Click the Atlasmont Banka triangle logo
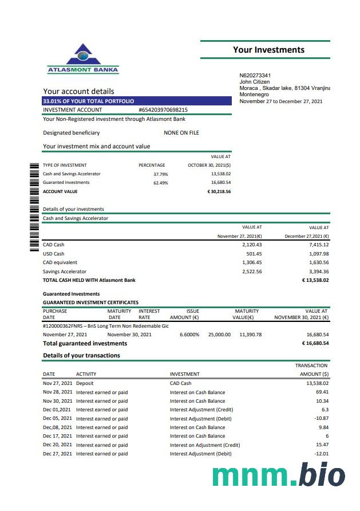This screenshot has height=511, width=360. pyautogui.click(x=83, y=54)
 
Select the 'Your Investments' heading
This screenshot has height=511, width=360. pyautogui.click(x=268, y=50)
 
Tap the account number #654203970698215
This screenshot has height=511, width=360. pyautogui.click(x=163, y=109)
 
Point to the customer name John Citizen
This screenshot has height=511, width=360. pyautogui.click(x=255, y=82)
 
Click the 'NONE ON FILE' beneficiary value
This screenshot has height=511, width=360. pyautogui.click(x=181, y=133)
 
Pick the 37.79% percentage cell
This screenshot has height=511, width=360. pyautogui.click(x=161, y=174)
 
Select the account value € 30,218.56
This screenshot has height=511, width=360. pyautogui.click(x=219, y=191)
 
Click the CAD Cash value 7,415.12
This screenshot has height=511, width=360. pyautogui.click(x=318, y=245)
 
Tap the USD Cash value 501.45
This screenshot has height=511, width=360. pyautogui.click(x=254, y=254)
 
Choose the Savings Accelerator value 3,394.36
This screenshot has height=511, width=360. pyautogui.click(x=318, y=272)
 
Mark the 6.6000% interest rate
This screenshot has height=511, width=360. pyautogui.click(x=189, y=335)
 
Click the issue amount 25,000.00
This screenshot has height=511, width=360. pyautogui.click(x=219, y=335)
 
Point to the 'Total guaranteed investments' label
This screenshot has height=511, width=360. pyautogui.click(x=85, y=344)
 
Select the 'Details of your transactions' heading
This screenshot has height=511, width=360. pyautogui.click(x=81, y=356)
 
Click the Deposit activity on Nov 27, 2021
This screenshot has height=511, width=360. pyautogui.click(x=85, y=383)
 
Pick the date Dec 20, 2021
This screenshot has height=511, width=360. pyautogui.click(x=58, y=445)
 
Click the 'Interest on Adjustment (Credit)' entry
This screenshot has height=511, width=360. pyautogui.click(x=205, y=445)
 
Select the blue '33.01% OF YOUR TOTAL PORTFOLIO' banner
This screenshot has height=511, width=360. pyautogui.click(x=137, y=101)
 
